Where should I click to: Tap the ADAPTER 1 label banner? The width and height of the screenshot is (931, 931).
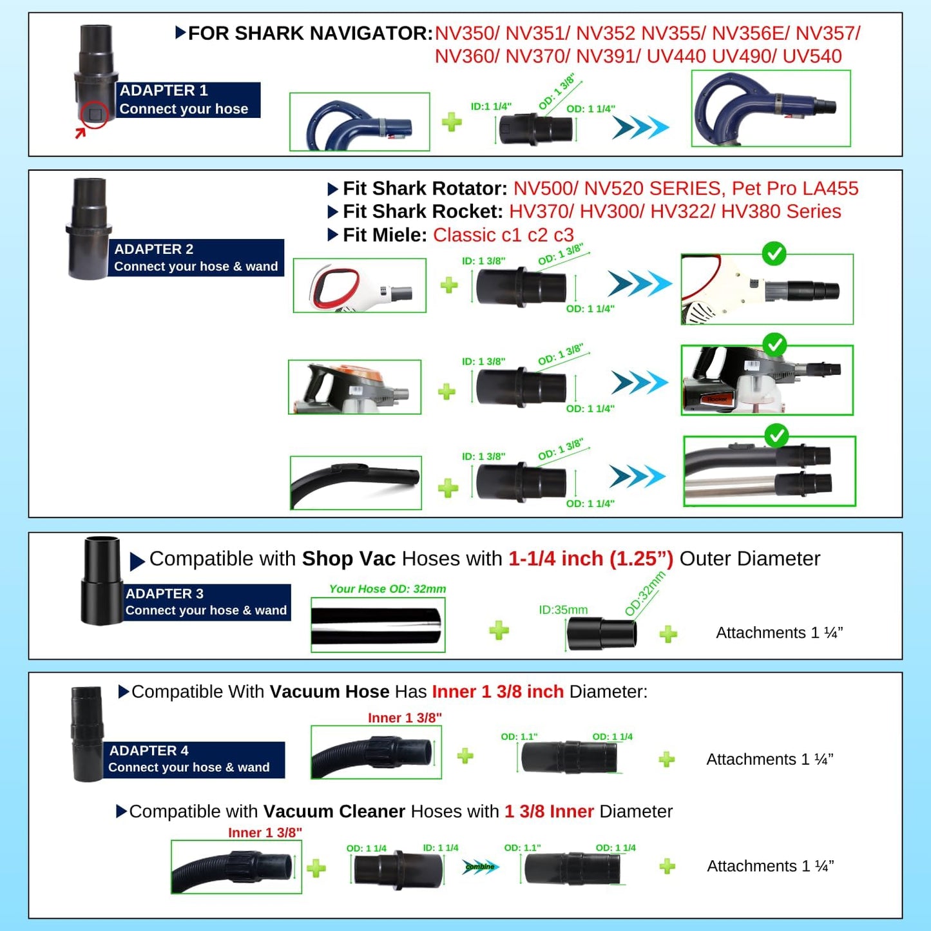[188, 99]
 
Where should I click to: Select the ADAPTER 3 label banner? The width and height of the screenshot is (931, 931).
[207, 602]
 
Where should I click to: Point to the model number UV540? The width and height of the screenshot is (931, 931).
[812, 57]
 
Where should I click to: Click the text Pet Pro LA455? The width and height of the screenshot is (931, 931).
[795, 188]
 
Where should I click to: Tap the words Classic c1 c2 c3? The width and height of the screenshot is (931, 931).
[503, 235]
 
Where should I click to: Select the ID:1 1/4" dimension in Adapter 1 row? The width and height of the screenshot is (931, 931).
[491, 106]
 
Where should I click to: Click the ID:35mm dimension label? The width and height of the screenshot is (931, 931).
[563, 609]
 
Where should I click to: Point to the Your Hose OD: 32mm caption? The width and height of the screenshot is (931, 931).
[387, 588]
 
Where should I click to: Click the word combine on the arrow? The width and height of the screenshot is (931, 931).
[480, 867]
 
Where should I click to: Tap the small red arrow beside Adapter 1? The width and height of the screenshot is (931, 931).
[80, 132]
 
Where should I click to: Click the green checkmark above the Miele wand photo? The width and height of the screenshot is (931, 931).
[776, 436]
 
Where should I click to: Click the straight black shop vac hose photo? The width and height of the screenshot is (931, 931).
[378, 625]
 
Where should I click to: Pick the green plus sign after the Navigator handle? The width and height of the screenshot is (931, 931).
[452, 122]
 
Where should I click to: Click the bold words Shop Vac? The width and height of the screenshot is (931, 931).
[349, 559]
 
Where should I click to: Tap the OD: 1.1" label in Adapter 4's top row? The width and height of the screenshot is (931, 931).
[519, 736]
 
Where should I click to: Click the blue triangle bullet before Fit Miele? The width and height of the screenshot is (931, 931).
[332, 235]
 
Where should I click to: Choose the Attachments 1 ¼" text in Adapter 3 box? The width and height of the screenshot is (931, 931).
[780, 633]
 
